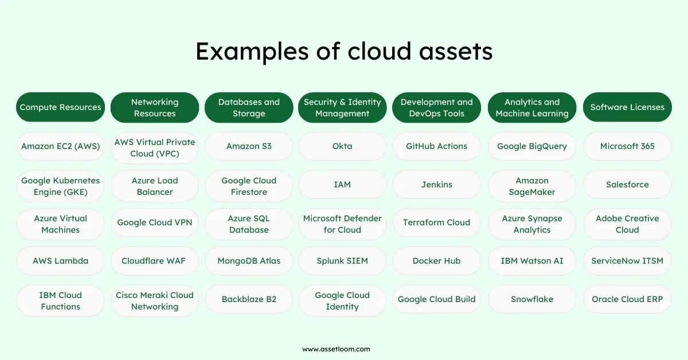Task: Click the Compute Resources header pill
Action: (60, 107)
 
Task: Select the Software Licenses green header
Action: (627, 107)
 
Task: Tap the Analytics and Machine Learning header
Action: (531, 107)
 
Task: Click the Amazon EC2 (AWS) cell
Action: (60, 146)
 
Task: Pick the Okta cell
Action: (342, 146)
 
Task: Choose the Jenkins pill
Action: (436, 185)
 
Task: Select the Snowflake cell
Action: (531, 299)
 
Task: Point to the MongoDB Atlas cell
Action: (249, 261)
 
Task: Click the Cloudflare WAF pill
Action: (154, 261)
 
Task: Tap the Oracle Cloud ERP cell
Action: (627, 299)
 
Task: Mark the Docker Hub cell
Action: (436, 261)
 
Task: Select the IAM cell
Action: (342, 185)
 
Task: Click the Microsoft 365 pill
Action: (627, 146)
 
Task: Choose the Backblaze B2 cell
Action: (249, 299)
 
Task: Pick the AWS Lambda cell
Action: (60, 261)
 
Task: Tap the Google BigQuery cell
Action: (531, 146)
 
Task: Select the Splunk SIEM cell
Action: (342, 261)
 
